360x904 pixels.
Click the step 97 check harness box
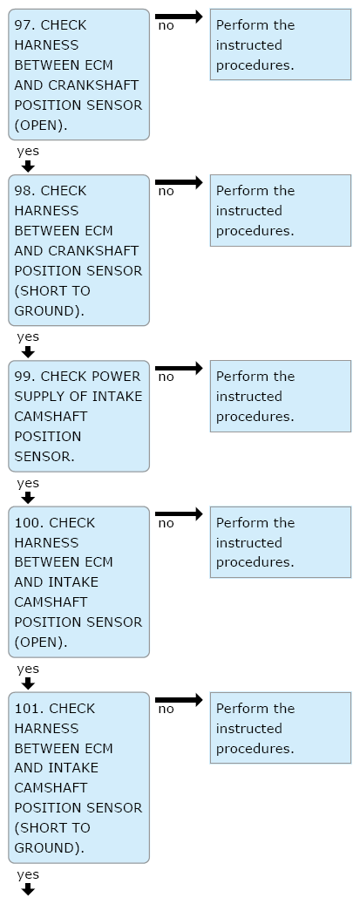point(78,74)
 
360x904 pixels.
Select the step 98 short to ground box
point(78,250)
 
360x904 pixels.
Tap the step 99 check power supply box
point(78,416)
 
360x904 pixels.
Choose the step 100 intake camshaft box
point(78,581)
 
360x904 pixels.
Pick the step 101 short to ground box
point(78,778)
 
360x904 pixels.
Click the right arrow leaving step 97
point(179,17)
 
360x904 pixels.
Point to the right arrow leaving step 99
point(179,368)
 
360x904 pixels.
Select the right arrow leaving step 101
point(179,700)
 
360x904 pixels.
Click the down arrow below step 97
point(28,166)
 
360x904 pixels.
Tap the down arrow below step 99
point(28,498)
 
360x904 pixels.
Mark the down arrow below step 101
point(28,889)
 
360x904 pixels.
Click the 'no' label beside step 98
point(166,192)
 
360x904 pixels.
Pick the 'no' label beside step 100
point(166,524)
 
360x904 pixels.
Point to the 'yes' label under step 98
point(28,336)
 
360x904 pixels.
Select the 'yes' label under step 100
point(28,669)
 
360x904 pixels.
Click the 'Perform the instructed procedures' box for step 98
point(281,210)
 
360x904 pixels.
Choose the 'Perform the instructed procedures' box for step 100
point(281,542)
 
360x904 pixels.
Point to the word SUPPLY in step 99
point(35,397)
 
